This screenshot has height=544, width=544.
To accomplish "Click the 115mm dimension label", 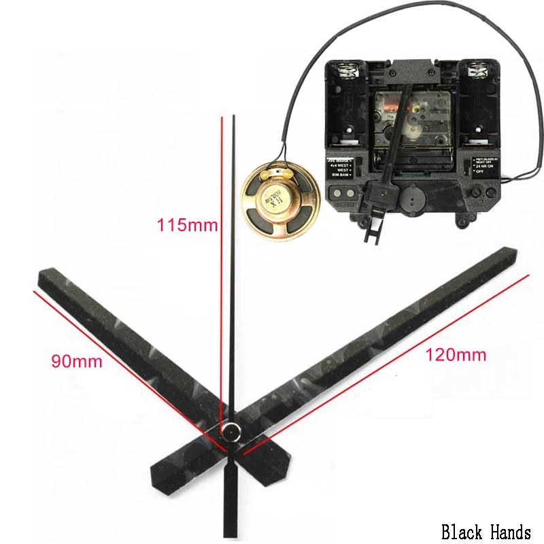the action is (187, 225).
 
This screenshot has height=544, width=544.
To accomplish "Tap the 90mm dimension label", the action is (77, 360).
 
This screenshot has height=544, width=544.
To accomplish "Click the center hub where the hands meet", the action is (233, 430).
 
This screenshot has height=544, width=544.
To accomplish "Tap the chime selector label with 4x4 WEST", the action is (342, 165).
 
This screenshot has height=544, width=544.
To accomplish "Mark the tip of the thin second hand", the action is (234, 118).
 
